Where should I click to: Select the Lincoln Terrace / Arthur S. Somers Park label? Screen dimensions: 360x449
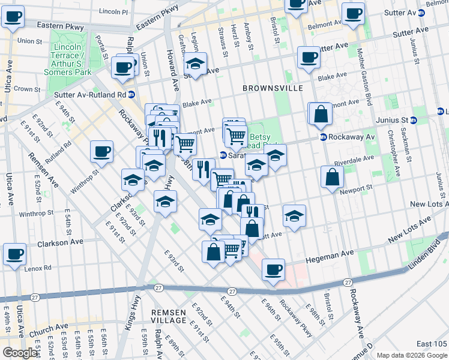click(x=67, y=59)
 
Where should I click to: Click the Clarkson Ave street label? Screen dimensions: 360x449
click(x=60, y=242)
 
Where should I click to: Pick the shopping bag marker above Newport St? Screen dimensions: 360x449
click(x=332, y=177)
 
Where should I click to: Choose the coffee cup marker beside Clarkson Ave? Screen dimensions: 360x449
click(x=14, y=253)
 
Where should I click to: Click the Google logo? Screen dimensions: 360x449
click(x=20, y=353)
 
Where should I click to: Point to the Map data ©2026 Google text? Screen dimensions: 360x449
click(x=411, y=355)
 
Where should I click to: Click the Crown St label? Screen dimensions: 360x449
click(x=26, y=89)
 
